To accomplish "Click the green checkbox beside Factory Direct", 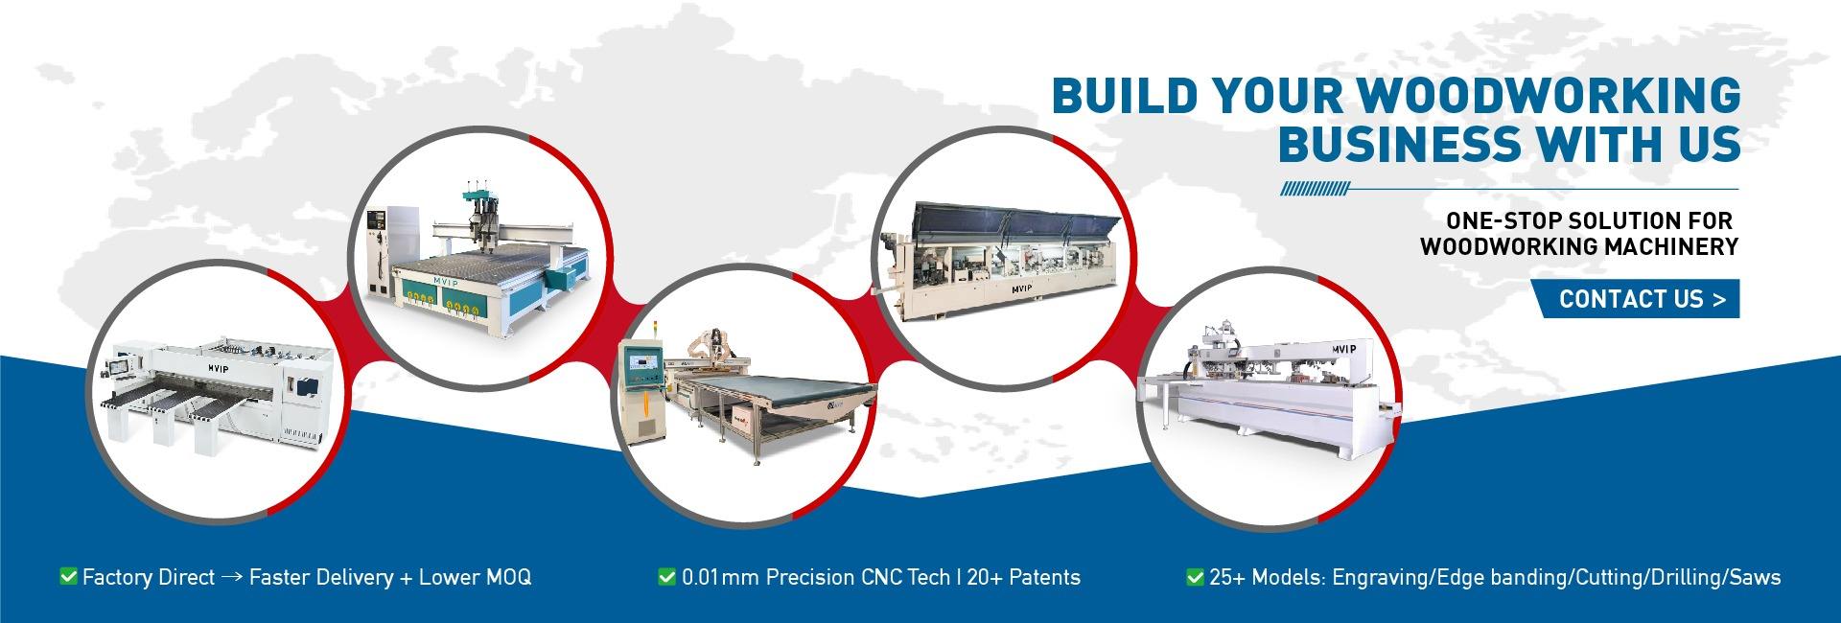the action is tap(68, 576).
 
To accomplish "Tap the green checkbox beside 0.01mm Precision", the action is tap(666, 576).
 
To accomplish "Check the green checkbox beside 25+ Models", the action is tap(1195, 576).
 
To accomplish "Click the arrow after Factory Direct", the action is tap(231, 578).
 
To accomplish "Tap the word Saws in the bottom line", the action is tap(1756, 577).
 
